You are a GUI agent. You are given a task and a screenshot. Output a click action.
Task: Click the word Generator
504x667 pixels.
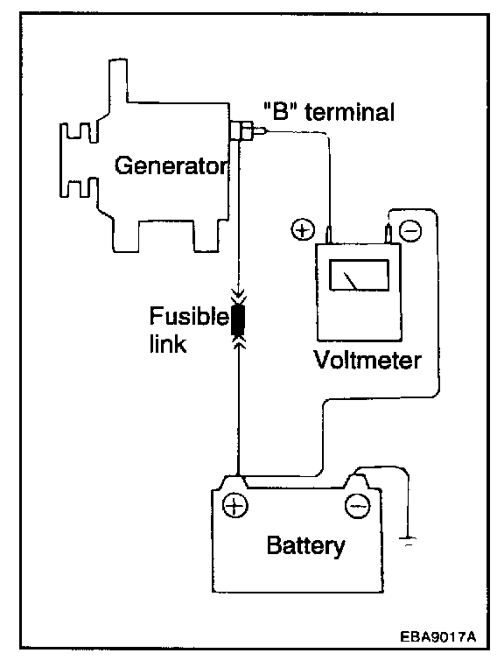(171, 165)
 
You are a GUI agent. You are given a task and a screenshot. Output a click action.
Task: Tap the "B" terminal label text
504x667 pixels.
(329, 111)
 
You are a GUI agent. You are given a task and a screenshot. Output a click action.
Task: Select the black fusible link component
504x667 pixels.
(238, 320)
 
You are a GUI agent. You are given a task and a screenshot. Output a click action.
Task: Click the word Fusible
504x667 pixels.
(189, 316)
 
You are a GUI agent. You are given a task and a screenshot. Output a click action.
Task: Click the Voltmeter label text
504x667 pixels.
(367, 360)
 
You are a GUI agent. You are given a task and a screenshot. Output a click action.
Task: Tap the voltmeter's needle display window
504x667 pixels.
(360, 275)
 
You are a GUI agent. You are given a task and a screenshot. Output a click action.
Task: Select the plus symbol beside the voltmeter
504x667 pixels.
(303, 229)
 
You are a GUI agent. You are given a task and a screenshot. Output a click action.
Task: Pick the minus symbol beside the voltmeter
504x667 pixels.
(410, 230)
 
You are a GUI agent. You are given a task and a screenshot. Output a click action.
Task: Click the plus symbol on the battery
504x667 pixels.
(234, 505)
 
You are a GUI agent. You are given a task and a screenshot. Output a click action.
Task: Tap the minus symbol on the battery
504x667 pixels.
(357, 506)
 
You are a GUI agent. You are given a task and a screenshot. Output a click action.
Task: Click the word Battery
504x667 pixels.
(305, 545)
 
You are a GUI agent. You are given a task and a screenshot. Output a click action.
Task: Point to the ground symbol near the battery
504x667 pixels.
(408, 541)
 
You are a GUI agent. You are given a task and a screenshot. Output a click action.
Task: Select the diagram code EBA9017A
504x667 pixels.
(437, 636)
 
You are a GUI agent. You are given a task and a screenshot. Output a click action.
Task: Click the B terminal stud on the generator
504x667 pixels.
(248, 130)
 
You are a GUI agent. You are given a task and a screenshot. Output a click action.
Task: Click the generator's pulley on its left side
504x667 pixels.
(79, 160)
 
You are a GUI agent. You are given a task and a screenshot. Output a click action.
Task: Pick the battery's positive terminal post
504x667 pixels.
(233, 482)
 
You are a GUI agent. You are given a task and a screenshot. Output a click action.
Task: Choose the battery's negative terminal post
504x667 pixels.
(355, 482)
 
